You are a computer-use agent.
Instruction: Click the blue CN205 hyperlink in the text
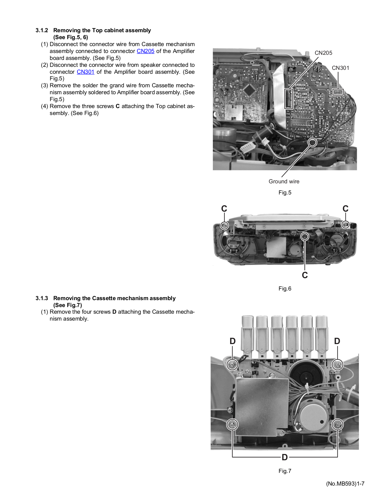[145, 51]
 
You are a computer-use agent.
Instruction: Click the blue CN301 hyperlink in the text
[86, 72]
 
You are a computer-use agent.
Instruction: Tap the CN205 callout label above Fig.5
[323, 53]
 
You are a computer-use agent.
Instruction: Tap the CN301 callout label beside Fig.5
[340, 68]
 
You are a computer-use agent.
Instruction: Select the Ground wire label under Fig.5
[284, 182]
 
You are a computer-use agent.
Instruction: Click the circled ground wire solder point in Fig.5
[313, 142]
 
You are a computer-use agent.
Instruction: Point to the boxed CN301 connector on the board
[338, 92]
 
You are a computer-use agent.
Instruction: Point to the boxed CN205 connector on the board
[289, 99]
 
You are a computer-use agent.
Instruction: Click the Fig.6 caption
[285, 289]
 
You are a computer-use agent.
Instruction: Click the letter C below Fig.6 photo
[305, 275]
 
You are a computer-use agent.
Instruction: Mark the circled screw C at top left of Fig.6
[224, 225]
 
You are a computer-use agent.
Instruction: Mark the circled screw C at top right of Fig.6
[345, 224]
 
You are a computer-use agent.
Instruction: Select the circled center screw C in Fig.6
[305, 237]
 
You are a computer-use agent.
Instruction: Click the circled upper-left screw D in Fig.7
[232, 365]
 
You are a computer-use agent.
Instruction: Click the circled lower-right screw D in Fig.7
[337, 425]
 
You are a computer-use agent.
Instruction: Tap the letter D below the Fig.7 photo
[285, 458]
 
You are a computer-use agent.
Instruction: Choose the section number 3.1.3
[42, 298]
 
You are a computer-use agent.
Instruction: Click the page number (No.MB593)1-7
[345, 484]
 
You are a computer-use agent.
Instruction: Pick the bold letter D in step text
[114, 312]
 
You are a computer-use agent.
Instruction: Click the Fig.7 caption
[285, 471]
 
